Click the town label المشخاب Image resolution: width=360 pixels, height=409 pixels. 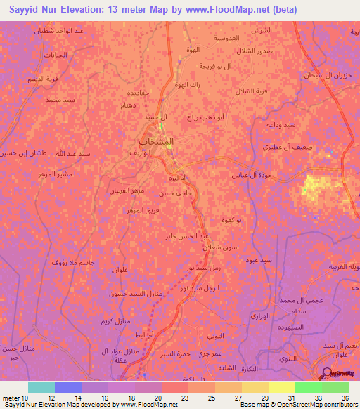[153, 141]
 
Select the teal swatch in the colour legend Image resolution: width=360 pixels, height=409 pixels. [41, 387]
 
